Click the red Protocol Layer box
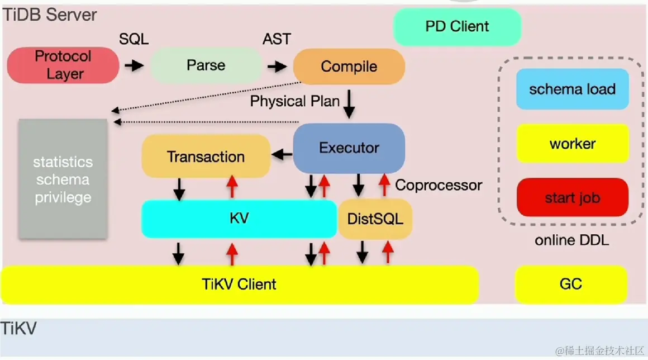(63, 65)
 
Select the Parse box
(206, 65)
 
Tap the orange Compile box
(349, 67)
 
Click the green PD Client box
(457, 26)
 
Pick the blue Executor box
(349, 148)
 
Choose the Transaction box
(206, 157)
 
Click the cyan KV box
(239, 218)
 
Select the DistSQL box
(375, 219)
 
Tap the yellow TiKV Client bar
(239, 284)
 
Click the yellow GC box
(570, 283)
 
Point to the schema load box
(572, 89)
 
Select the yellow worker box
(572, 144)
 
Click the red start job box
(572, 198)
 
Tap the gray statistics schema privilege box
(63, 179)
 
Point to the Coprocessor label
(439, 185)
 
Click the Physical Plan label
(294, 101)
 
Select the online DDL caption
(571, 240)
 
